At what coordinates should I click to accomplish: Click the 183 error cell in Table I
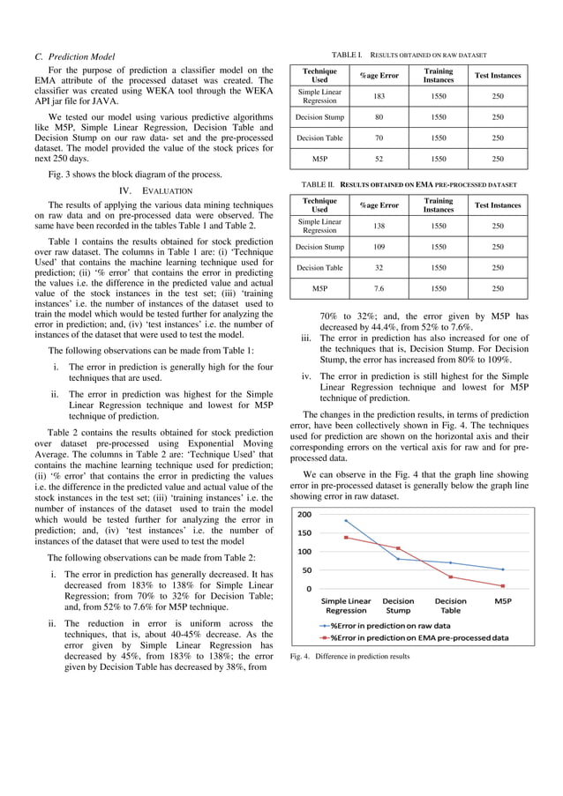[x=379, y=95]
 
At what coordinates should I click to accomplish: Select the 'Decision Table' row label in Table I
[x=320, y=138]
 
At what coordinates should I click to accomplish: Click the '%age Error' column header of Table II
[x=379, y=205]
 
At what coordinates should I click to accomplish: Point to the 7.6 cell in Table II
[x=379, y=288]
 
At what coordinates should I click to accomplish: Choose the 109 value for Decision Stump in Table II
[x=379, y=247]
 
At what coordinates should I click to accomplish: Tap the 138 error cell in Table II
[x=379, y=226]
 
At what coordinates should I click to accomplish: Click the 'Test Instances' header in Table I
[x=498, y=75]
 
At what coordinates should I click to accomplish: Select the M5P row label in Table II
[x=320, y=288]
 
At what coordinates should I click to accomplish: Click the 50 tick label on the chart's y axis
[x=305, y=570]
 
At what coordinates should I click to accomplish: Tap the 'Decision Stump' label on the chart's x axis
[x=398, y=606]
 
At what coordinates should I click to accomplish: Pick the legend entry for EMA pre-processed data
[x=415, y=636]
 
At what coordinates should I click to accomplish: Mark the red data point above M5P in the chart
[x=503, y=585]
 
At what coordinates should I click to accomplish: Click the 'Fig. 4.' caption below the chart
[x=349, y=657]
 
